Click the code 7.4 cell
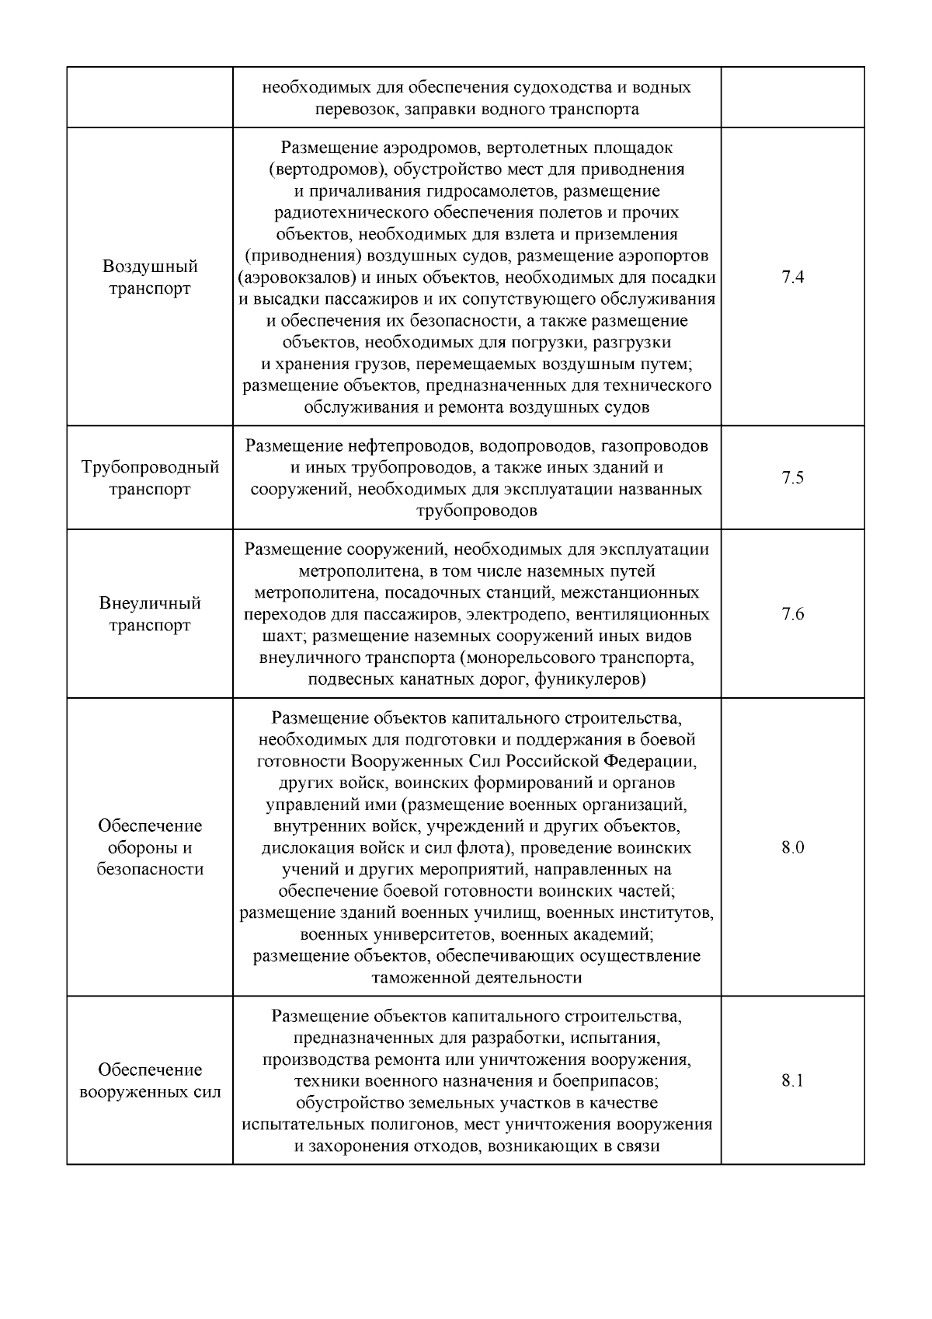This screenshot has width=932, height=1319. (x=792, y=277)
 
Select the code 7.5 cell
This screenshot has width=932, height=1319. (x=792, y=478)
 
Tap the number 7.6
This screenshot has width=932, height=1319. (x=792, y=614)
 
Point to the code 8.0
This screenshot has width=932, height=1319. (x=792, y=847)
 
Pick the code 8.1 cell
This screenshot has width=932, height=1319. (x=792, y=1080)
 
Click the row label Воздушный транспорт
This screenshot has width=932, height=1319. (x=150, y=277)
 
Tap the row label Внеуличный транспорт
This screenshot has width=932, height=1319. (x=150, y=614)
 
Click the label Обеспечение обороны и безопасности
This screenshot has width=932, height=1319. (x=150, y=847)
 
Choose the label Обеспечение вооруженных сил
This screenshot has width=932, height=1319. (x=150, y=1081)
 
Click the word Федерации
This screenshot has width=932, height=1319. (x=650, y=760)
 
